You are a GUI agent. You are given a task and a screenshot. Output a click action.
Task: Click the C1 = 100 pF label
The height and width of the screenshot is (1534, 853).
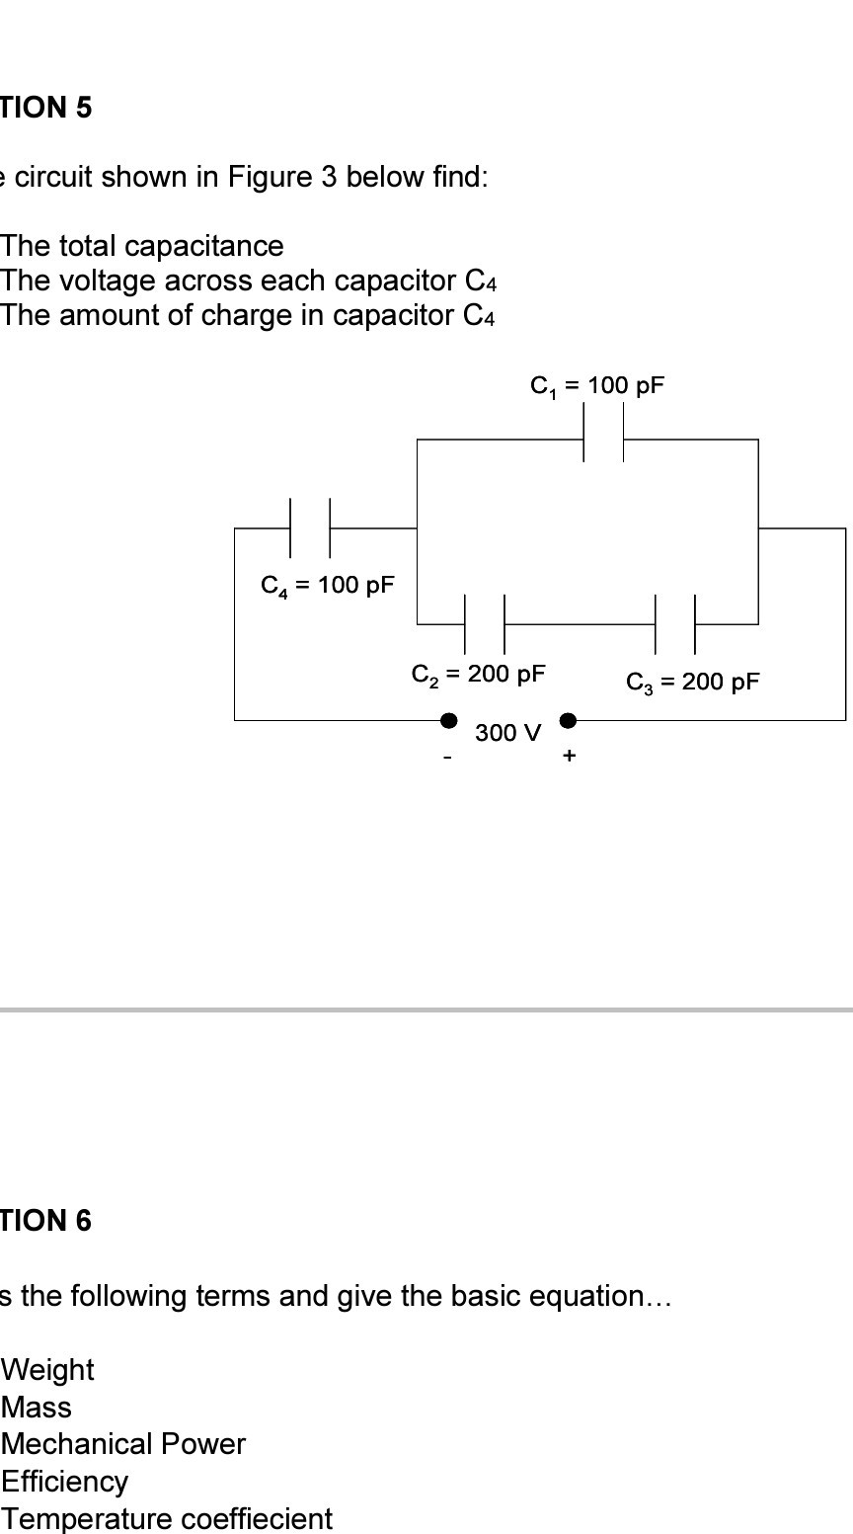[x=597, y=386]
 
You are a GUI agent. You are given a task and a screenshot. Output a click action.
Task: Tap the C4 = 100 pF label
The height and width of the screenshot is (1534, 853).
[x=327, y=585]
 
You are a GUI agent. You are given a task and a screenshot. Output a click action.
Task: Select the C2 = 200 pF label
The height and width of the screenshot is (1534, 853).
[x=478, y=675]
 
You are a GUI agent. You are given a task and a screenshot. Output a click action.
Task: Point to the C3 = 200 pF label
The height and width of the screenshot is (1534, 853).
[x=693, y=683]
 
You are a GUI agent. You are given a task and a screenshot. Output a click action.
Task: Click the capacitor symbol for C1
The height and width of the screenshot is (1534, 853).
[x=603, y=440]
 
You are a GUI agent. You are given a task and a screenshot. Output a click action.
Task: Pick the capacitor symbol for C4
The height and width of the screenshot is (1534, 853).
[x=310, y=528]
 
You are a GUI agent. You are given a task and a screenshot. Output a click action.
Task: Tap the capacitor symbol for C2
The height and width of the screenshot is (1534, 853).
[x=485, y=624]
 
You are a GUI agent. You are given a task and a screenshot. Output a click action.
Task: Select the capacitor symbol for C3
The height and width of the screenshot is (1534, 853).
[x=675, y=624]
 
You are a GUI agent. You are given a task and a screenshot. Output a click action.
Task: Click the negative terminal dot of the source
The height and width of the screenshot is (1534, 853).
[x=449, y=720]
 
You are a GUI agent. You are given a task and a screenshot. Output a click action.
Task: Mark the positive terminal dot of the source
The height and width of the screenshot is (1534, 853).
[x=568, y=720]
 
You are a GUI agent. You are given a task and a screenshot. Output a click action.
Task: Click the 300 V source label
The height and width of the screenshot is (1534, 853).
[x=508, y=733]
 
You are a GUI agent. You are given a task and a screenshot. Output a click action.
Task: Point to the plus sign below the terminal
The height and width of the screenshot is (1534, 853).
[x=569, y=756]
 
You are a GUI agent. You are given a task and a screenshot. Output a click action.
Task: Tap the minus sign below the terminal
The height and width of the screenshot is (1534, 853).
[x=448, y=758]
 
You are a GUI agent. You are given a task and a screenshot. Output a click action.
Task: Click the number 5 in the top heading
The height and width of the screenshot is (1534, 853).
[x=83, y=108]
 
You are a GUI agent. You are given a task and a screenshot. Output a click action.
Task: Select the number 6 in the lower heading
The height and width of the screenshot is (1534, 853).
[x=83, y=1221]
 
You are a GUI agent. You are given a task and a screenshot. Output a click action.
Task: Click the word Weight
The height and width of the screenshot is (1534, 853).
[x=48, y=1370]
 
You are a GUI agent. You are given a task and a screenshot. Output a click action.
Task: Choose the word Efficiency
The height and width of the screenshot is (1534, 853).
[x=65, y=1482]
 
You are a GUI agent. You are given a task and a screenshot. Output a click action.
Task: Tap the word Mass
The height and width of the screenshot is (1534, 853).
[x=37, y=1408]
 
